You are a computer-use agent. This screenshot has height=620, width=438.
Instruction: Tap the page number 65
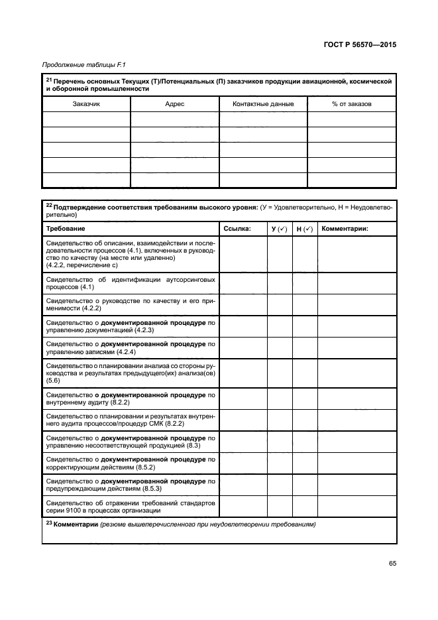392,564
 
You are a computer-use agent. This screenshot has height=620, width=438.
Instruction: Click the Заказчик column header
85,104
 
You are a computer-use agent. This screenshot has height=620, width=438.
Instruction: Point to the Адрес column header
174,104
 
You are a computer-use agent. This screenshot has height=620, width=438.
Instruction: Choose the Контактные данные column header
263,104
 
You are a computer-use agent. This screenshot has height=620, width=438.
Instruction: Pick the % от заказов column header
352,104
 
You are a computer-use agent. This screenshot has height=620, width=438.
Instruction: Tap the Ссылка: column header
237,229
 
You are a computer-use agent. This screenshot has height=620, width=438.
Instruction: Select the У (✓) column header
280,229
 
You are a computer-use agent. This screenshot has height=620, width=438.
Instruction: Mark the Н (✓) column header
305,229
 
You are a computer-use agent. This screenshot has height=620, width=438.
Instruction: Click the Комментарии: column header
345,229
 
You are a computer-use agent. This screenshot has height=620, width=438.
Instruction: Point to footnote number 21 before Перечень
48,80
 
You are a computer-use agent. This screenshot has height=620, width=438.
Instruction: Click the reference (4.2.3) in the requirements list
144,330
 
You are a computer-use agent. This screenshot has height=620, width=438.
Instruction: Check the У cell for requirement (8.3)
280,442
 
